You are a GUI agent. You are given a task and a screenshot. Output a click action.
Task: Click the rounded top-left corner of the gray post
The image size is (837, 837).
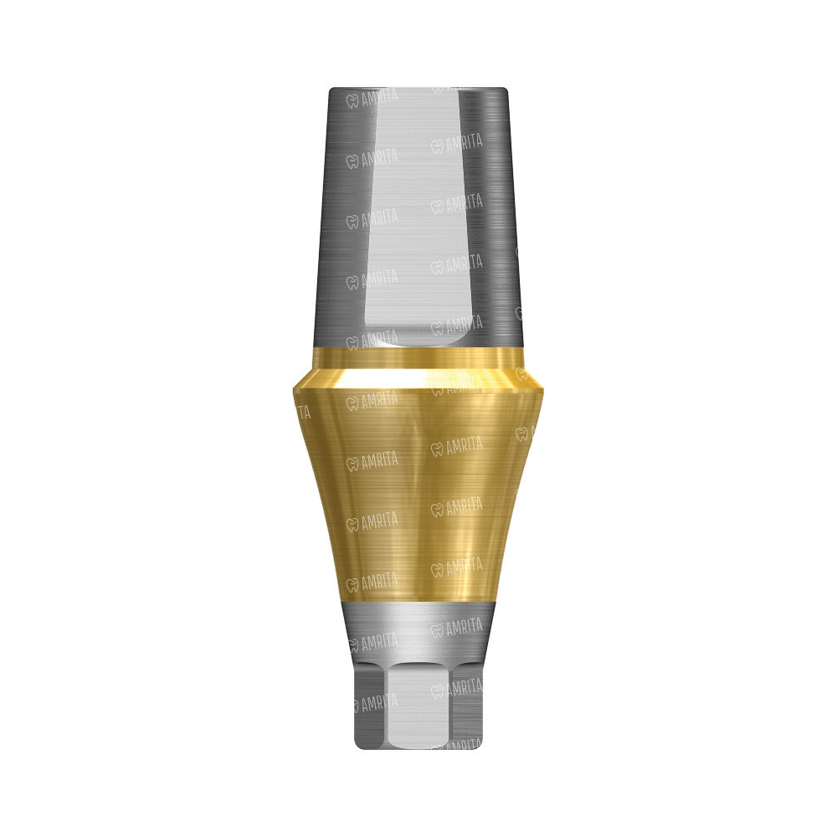(x=331, y=90)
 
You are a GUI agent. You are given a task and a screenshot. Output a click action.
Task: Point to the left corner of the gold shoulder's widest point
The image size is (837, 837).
(x=292, y=388)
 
